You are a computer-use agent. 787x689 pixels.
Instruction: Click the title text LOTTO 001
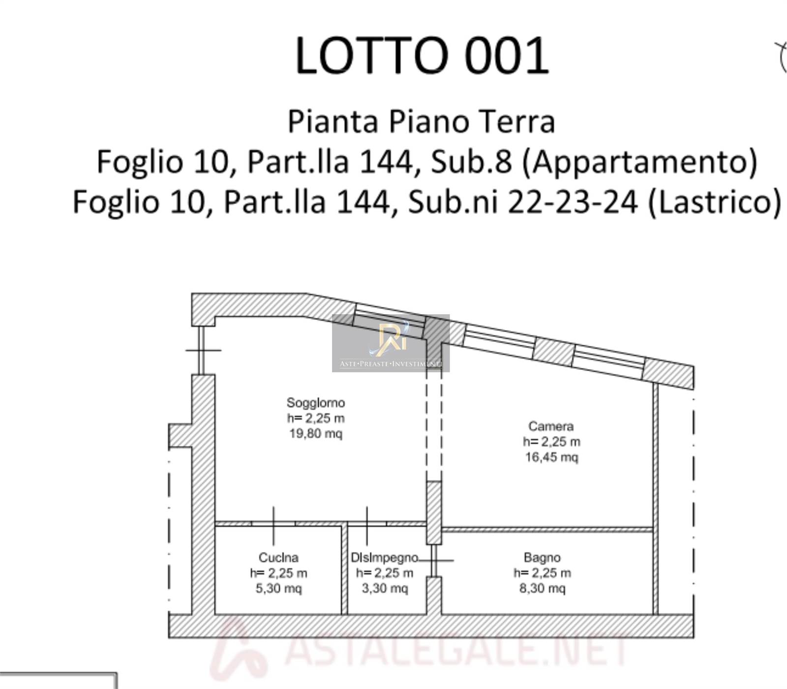point(422,56)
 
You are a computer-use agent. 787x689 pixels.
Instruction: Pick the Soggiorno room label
point(316,402)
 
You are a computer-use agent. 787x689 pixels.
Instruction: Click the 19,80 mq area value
point(315,433)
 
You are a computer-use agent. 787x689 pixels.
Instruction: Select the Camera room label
point(551,426)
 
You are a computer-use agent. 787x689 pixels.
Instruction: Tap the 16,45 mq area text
point(551,457)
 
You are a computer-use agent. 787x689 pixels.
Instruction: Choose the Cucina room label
point(278,558)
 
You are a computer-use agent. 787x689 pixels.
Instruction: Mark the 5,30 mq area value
point(278,589)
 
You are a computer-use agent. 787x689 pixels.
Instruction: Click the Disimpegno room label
point(385,558)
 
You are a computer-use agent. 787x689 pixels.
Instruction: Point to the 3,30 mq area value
point(385,589)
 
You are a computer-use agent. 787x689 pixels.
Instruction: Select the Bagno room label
point(542,558)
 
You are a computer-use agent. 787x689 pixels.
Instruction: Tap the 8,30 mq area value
point(542,589)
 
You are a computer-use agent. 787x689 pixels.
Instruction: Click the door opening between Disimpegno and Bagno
point(434,560)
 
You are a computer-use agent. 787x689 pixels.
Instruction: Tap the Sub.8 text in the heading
point(471,162)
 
